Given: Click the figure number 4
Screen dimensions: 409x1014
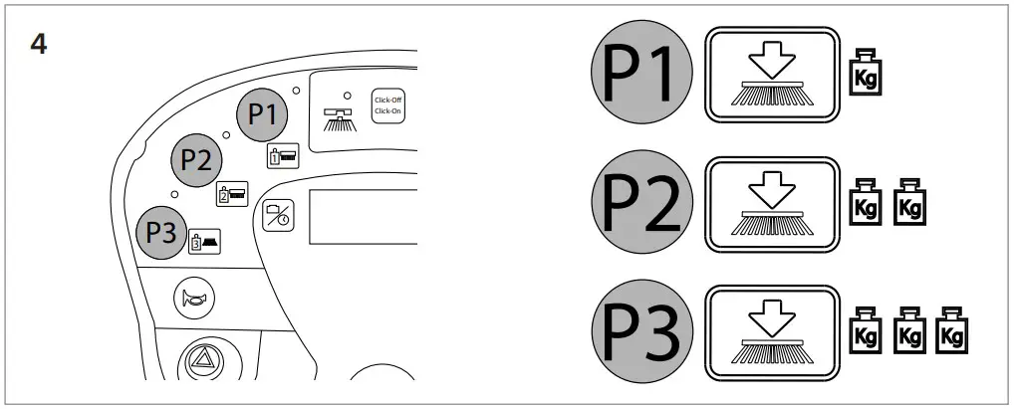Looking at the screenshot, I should tap(39, 46).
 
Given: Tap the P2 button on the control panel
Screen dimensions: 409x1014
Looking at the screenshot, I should tap(197, 160).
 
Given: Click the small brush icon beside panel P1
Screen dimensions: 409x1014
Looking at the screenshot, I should tap(282, 156).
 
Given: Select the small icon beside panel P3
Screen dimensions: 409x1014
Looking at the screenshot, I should tap(204, 240).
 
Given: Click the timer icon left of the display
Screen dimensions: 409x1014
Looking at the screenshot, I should tap(278, 217).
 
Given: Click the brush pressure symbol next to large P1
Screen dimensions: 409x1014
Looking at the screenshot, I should tap(770, 75).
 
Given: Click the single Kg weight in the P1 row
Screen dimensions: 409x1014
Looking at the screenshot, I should tap(863, 76).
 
